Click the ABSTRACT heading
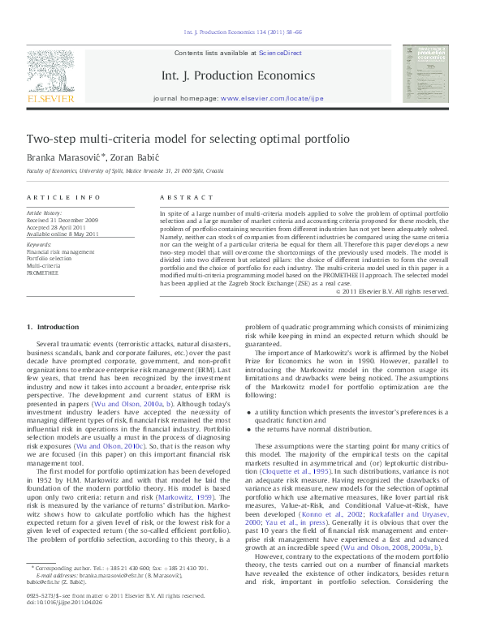[180, 197]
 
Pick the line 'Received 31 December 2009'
[63, 221]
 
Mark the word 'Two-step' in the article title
[50, 139]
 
